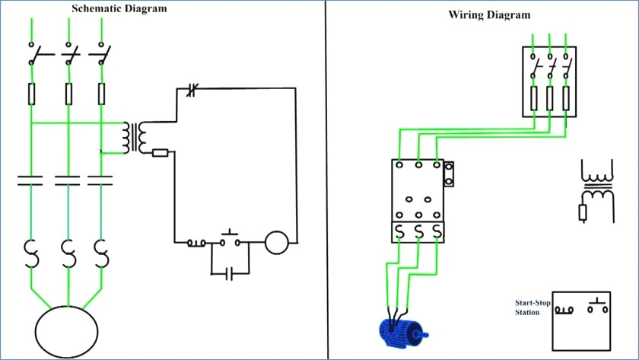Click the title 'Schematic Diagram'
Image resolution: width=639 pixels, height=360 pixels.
pos(119,8)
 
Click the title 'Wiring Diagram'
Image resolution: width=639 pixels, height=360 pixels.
pos(489,15)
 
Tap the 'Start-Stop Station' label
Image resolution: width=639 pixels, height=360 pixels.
pos(532,307)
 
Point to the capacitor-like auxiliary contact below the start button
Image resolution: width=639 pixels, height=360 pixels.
pos(230,274)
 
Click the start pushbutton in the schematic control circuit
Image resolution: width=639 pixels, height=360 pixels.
pos(230,239)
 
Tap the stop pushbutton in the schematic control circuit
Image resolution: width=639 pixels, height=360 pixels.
pos(196,244)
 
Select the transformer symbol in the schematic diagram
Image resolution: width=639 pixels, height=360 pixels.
pos(135,138)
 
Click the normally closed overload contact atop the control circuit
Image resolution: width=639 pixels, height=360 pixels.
pos(192,90)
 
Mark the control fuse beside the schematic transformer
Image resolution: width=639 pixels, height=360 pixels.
pos(161,153)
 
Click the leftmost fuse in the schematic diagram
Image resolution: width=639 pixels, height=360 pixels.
pos(31,94)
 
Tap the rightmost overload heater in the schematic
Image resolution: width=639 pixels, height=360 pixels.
pos(101,253)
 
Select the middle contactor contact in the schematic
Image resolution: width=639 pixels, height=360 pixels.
pos(68,180)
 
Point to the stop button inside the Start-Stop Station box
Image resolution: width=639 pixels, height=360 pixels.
pos(564,311)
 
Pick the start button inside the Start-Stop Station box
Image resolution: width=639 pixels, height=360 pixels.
pos(598,306)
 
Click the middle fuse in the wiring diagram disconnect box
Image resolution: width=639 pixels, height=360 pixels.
pos(550,98)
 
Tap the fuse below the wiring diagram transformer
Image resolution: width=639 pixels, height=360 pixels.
pos(583,213)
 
